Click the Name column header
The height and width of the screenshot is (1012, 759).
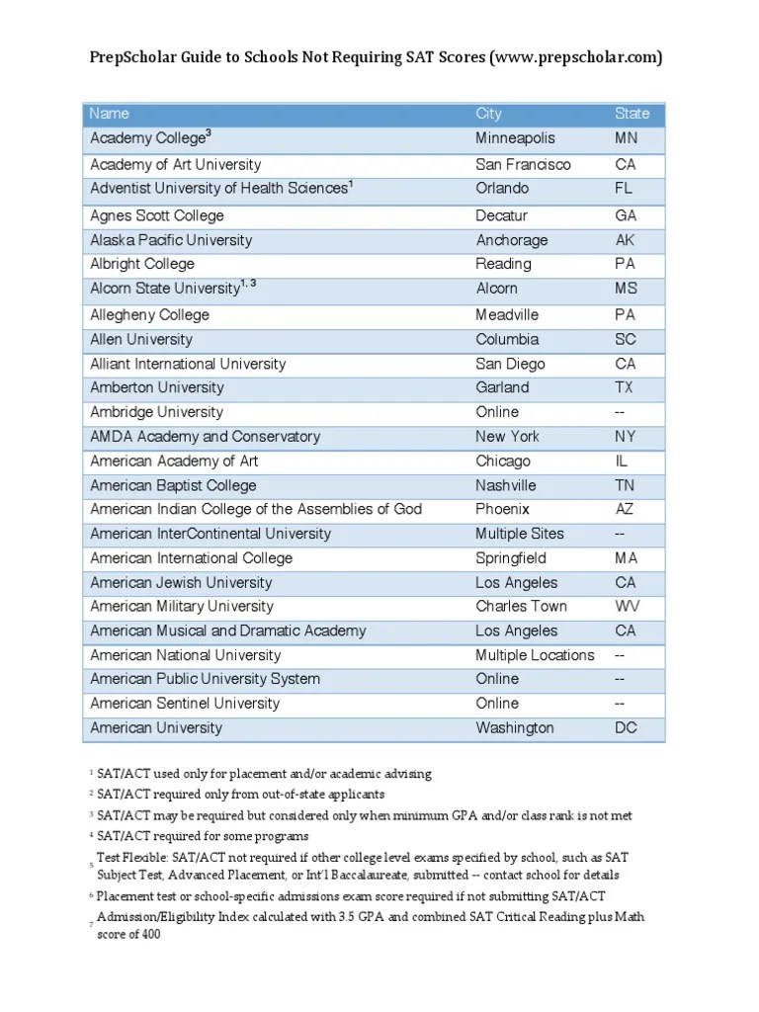point(109,114)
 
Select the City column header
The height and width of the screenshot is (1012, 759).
point(488,114)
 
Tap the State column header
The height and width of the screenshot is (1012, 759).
point(632,114)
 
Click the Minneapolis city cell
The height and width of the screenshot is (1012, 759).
point(515,138)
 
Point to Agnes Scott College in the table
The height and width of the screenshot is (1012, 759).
point(157,215)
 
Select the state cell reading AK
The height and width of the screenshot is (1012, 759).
point(625,240)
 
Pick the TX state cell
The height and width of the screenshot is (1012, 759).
point(625,387)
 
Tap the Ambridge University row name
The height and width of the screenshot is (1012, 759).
point(156,412)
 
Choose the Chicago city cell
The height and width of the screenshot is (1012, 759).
point(503,461)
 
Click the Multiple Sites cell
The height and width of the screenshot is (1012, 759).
point(520,534)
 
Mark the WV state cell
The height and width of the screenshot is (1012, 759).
point(627,606)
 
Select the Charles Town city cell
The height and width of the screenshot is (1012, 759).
point(521,606)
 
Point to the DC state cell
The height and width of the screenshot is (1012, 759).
point(626,727)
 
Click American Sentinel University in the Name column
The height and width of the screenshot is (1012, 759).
point(185,704)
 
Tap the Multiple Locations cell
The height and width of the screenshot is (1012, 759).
point(535,655)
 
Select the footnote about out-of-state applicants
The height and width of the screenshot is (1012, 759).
point(240,794)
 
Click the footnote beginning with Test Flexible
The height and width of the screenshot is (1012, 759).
point(358,867)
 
